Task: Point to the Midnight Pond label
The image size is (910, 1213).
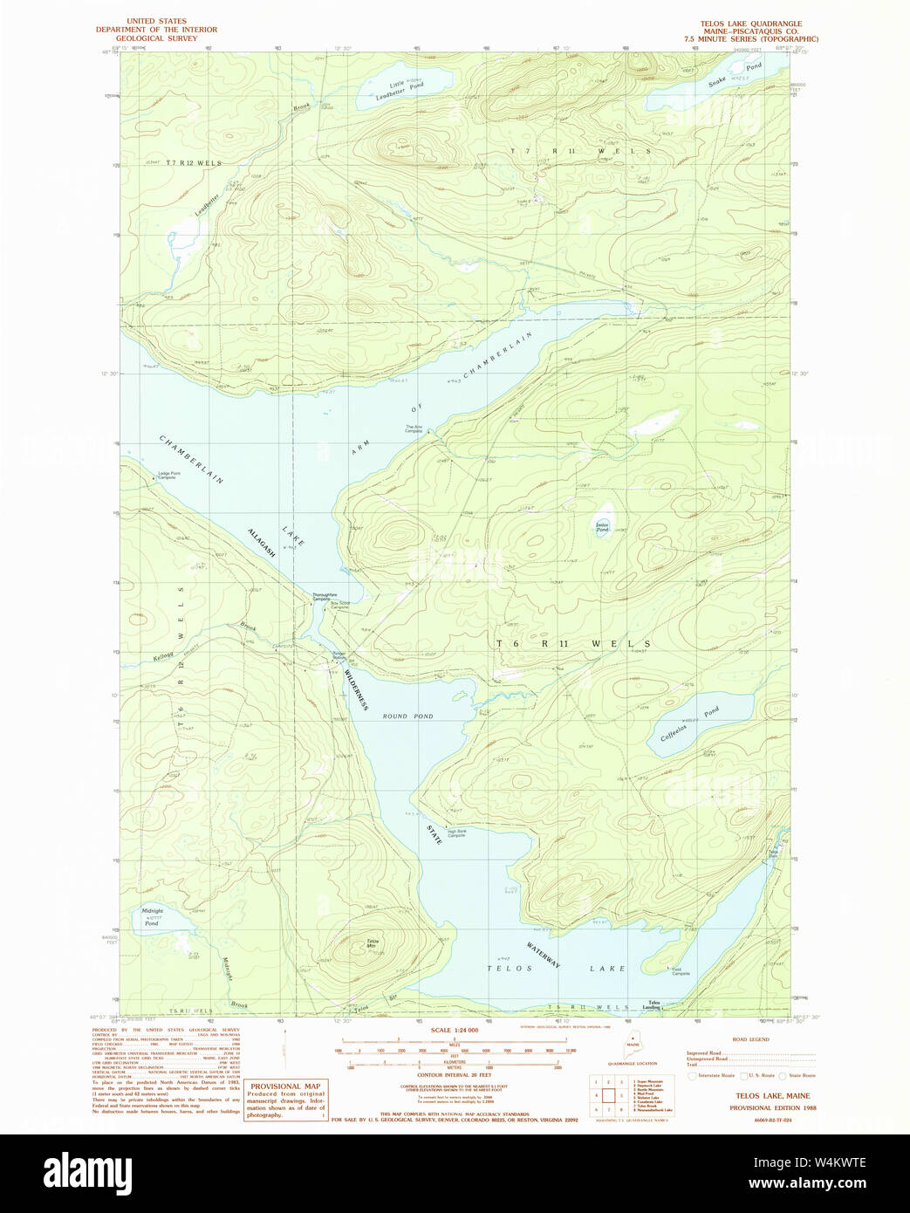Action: [x=153, y=917]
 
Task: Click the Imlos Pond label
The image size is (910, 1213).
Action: [x=602, y=527]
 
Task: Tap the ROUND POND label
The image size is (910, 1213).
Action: [x=407, y=716]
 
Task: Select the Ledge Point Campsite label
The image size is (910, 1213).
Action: [x=167, y=476]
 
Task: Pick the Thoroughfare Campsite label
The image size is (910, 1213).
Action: [x=321, y=598]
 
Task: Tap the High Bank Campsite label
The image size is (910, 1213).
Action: [x=457, y=833]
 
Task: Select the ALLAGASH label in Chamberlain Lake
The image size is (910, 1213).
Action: [x=262, y=545]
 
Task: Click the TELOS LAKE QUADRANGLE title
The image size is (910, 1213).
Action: [x=750, y=24]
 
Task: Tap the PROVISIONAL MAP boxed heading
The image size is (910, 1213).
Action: [x=285, y=1086]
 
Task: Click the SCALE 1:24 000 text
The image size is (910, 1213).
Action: [x=455, y=1031]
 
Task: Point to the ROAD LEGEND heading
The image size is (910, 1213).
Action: [x=750, y=1039]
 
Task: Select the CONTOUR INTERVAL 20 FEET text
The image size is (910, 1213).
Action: [x=454, y=1075]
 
